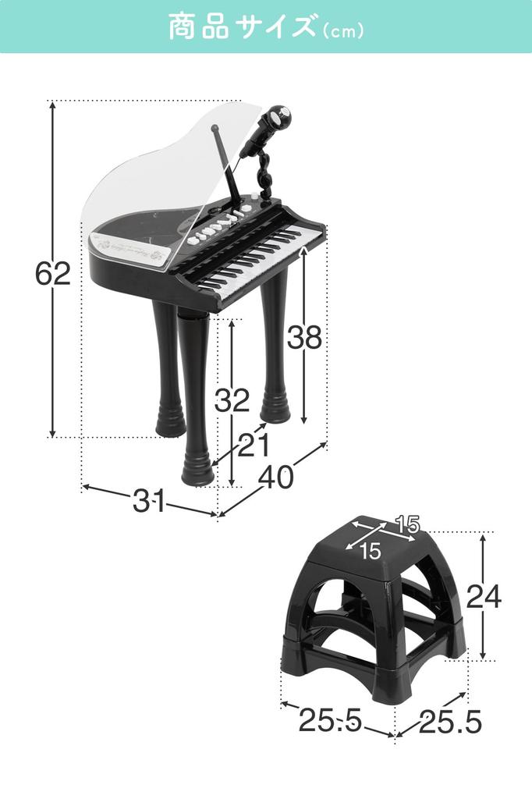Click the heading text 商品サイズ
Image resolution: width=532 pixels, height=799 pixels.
click(241, 27)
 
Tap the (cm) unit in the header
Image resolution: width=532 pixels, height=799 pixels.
click(342, 31)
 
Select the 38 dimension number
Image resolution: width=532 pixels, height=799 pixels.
click(304, 337)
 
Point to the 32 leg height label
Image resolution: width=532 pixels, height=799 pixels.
click(232, 400)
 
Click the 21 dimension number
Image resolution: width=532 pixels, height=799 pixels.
click(254, 446)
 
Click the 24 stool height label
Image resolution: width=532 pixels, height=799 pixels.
click(484, 596)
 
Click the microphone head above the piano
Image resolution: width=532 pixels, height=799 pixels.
click(278, 120)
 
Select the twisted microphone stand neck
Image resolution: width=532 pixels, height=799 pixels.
click(265, 172)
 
